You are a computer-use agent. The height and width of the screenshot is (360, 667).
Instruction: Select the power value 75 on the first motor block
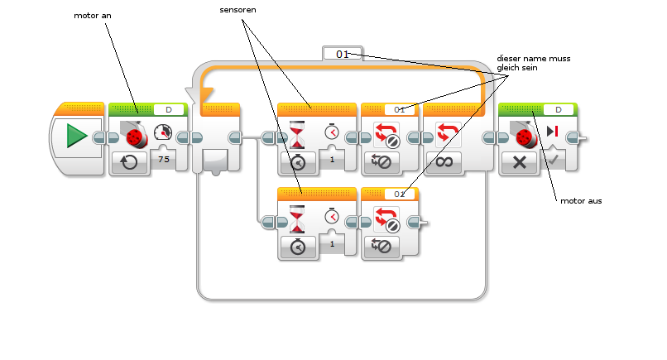pos(163,159)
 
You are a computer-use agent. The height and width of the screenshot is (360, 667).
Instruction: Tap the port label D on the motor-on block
pos(168,109)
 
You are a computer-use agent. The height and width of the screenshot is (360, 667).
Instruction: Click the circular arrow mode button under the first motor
pos(130,162)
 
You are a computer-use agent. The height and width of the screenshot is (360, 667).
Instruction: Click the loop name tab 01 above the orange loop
pos(343,54)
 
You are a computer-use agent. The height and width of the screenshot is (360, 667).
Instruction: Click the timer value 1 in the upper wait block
pos(332,159)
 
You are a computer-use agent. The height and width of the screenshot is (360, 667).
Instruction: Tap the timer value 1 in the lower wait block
pos(332,243)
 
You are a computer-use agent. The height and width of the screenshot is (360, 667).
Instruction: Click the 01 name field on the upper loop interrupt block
pos(400,109)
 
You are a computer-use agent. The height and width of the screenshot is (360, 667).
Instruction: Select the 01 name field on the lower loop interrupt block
pos(400,194)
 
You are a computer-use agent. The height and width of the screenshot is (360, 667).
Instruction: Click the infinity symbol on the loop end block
pos(448,162)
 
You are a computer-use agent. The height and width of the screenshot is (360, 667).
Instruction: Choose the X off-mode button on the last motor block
pos(520,162)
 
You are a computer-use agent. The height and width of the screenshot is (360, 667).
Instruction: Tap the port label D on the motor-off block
pos(558,109)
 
